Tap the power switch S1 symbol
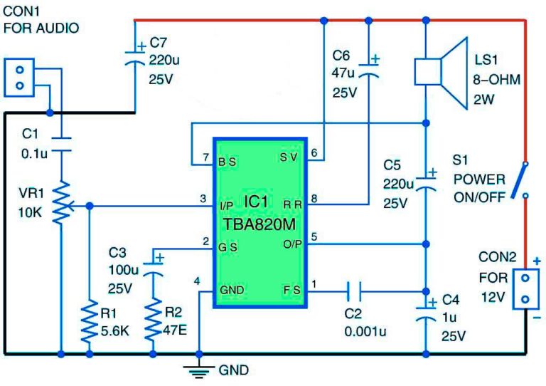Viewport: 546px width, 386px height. point(520,180)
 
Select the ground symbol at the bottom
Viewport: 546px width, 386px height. point(199,372)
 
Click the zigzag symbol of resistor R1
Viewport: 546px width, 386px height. point(89,320)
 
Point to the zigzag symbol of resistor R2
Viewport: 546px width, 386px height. point(153,319)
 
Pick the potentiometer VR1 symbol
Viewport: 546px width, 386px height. point(62,203)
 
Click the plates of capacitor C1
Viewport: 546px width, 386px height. point(61,145)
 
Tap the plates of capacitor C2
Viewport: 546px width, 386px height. point(354,291)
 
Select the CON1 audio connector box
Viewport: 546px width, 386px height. point(19,78)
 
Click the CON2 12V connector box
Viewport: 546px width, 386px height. point(525,288)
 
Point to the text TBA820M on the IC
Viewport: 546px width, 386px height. point(259,224)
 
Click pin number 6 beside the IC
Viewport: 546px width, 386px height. point(314,152)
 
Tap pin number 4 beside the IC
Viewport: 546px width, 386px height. point(197,281)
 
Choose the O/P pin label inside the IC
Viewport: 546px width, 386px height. point(292,244)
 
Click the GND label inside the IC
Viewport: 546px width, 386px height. point(232,290)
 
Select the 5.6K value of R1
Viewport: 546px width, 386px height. point(115,331)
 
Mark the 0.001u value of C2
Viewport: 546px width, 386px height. point(365,331)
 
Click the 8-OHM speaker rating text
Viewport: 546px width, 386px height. point(496,80)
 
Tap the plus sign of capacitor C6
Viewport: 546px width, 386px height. point(375,59)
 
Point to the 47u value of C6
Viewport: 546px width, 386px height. point(343,73)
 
